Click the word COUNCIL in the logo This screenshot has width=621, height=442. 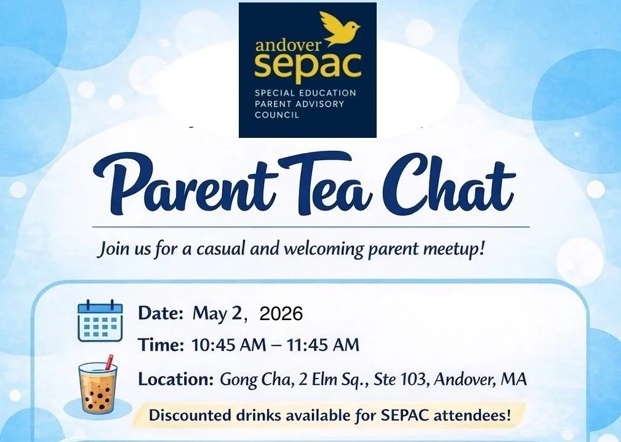point(276,115)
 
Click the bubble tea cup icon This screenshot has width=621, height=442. point(98,388)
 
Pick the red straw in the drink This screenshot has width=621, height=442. point(109,361)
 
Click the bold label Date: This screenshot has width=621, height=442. point(161,313)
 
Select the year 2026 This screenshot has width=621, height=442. point(281,314)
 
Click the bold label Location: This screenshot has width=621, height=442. point(176,379)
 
